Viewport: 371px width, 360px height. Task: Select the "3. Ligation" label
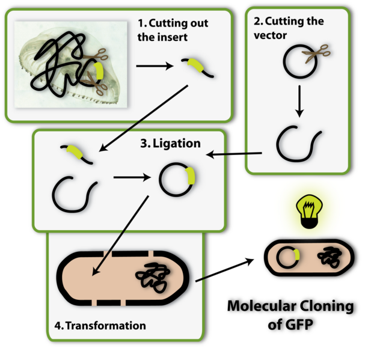[170, 144]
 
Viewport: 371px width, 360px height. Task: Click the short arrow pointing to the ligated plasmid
[131, 178]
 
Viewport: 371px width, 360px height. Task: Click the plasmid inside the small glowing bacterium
[288, 257]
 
